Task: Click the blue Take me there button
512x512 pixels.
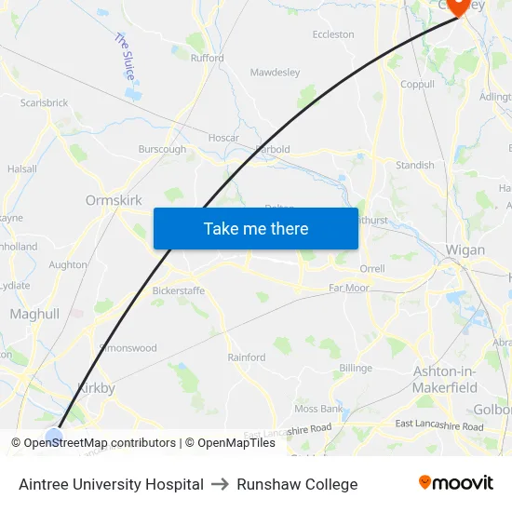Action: (x=256, y=228)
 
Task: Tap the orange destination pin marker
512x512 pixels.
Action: (x=458, y=6)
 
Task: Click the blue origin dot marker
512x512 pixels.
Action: (x=54, y=435)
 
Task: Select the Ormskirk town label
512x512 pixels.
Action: (x=113, y=200)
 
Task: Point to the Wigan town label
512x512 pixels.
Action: (x=465, y=250)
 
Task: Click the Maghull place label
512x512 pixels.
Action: (x=34, y=315)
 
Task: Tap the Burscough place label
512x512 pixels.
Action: (x=162, y=149)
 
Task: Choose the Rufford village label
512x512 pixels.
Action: (x=208, y=58)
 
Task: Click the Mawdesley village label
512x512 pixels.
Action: (x=276, y=72)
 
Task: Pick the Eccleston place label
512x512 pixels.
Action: (x=333, y=34)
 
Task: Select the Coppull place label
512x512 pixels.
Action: (x=417, y=84)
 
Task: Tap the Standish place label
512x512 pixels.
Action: (x=414, y=165)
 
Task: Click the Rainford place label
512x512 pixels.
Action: (x=247, y=357)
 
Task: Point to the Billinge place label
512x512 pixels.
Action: (x=356, y=368)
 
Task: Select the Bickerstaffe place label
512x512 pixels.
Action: (x=179, y=290)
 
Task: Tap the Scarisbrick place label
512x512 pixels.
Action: (x=44, y=102)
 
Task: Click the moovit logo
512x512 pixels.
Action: (x=455, y=483)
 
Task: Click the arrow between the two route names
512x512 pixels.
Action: (x=221, y=484)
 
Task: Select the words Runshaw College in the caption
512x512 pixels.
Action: (x=297, y=484)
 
